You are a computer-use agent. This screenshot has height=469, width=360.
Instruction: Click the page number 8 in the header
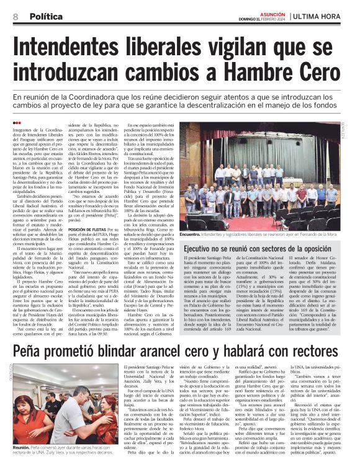pyautogui.click(x=15, y=17)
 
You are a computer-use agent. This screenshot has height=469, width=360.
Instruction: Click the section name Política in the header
pyautogui.click(x=45, y=17)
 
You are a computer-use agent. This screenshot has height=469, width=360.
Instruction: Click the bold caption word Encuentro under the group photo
pyautogui.click(x=192, y=235)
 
